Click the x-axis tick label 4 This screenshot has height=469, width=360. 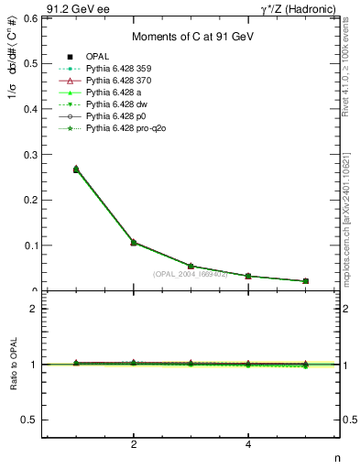click(248, 445)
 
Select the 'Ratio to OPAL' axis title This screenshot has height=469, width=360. click(14, 365)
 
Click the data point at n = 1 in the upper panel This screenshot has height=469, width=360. click(76, 169)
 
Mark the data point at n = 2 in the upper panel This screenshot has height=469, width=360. click(134, 243)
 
